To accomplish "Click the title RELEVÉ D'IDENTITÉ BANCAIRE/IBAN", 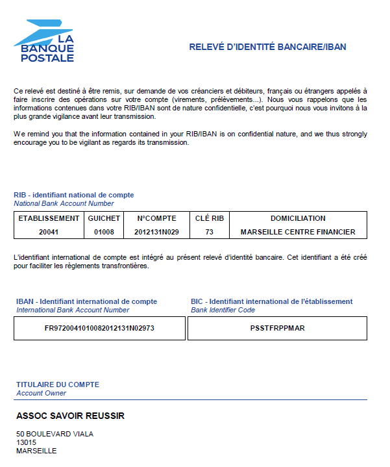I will pos(267,47).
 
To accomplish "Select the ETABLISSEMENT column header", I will pos(49,219).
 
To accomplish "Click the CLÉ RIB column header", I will pos(209,219).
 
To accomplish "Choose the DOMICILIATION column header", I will pos(298,219).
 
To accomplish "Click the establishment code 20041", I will pos(49,231).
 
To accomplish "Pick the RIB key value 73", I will pos(209,231).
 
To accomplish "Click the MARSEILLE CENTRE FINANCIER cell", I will pos(298,231).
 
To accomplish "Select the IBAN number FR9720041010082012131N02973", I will pos(99,328).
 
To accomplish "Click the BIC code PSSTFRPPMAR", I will pos(277,328).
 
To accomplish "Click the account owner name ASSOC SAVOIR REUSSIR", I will pos(70,416).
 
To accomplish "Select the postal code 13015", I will pos(27,442).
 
